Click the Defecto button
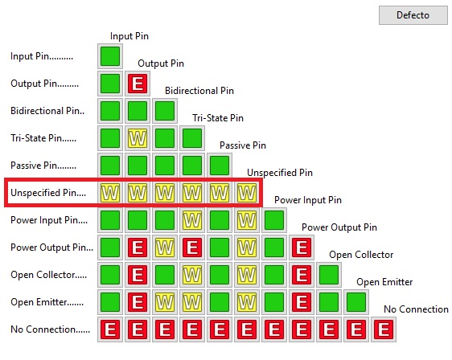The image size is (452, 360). pos(413,15)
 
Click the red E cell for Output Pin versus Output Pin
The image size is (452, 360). pos(138,84)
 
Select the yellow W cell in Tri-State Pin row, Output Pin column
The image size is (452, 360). pos(138,138)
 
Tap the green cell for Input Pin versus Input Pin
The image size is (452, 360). pos(110,56)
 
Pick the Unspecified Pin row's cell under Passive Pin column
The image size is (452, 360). pos(220,193)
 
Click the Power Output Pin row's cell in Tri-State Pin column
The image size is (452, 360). pos(192,247)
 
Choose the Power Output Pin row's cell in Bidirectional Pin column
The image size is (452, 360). pos(165,247)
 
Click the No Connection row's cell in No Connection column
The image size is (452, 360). pos(384,329)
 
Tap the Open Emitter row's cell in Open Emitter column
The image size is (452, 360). pos(356,302)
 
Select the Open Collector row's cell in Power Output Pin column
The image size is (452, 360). pos(302,275)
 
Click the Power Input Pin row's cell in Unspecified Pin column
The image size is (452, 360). pos(247,220)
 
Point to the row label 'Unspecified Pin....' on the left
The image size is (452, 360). pos(48,193)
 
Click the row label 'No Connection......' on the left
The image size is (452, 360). pos(50,329)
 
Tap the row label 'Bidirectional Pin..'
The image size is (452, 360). pos(47,111)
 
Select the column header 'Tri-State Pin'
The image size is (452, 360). pos(218,118)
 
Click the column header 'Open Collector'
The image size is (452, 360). pos(361,255)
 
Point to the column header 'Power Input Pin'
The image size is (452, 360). pos(308,200)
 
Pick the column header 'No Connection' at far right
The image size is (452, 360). pos(416,309)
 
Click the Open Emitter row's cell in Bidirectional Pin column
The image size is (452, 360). pos(165,302)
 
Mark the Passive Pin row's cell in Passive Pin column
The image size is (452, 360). pos(220,166)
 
